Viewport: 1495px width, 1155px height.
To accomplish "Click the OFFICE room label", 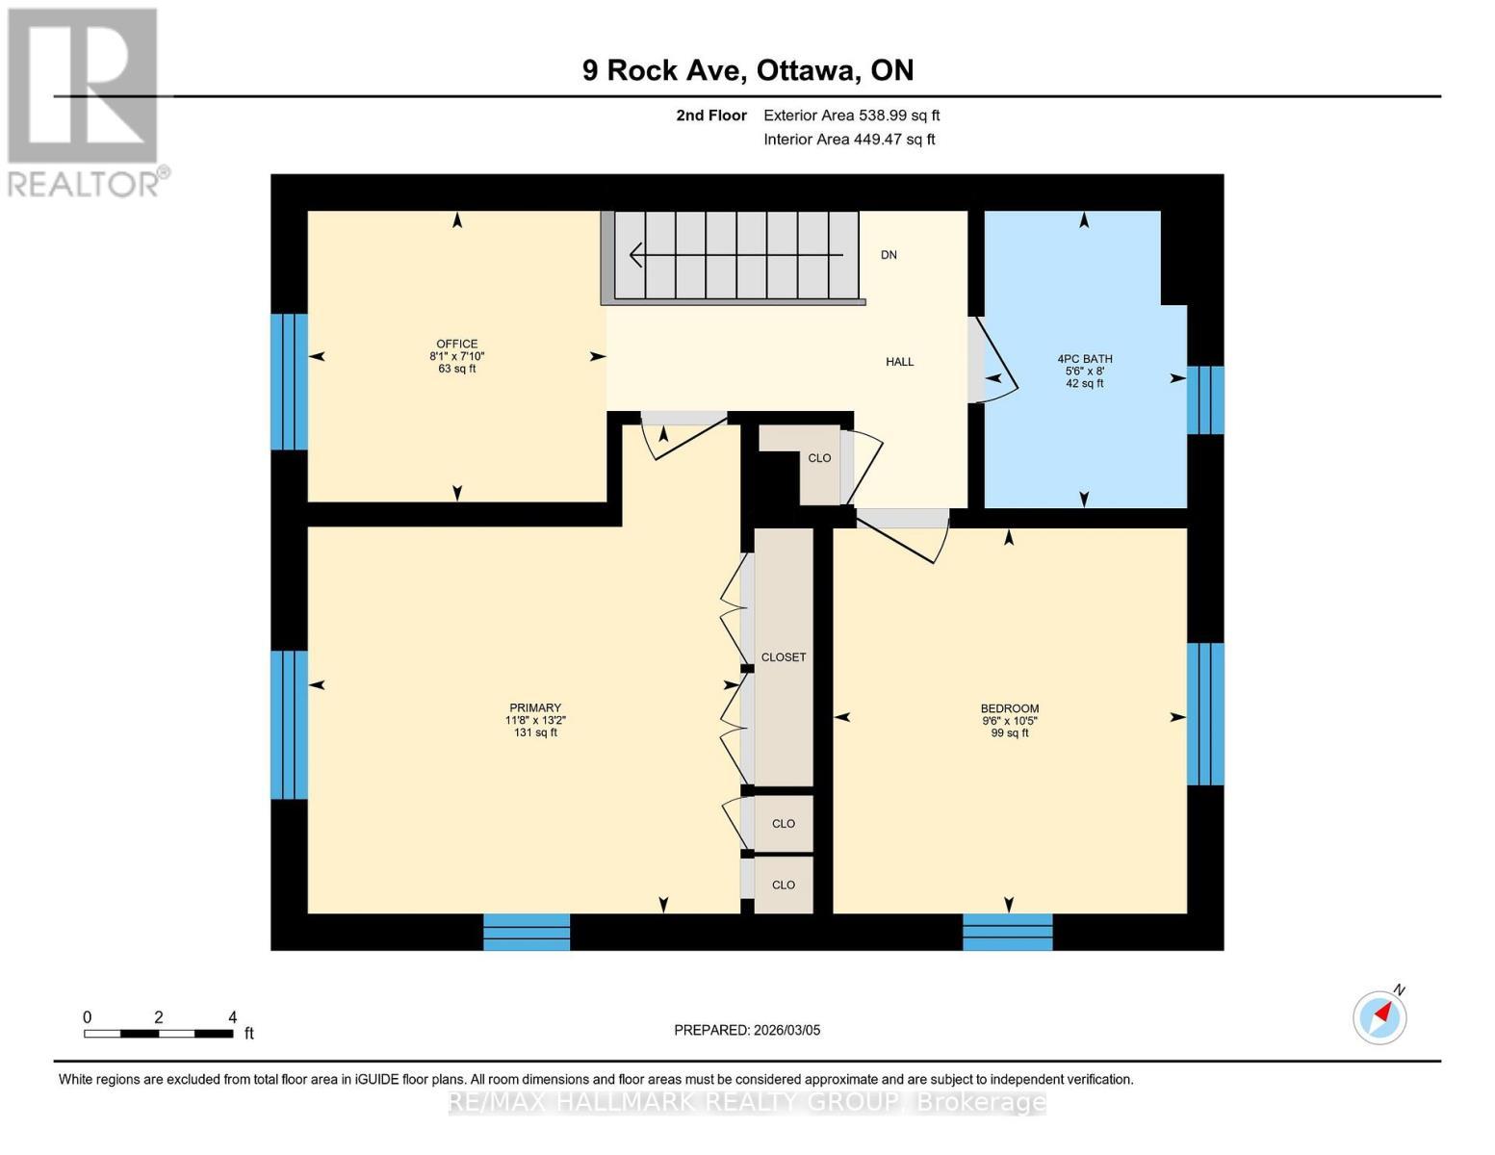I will coord(456,344).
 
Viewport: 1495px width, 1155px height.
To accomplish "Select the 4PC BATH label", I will coord(1084,359).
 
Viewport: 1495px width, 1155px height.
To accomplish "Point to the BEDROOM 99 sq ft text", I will coord(1009,733).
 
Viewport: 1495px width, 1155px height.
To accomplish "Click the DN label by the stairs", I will coord(889,255).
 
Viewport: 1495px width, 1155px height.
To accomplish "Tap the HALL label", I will coord(899,362).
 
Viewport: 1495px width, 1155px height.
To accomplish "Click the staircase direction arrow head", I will coord(636,255).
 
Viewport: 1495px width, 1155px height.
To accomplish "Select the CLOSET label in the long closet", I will coord(783,657).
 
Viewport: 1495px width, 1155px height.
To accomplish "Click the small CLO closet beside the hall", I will coord(819,458).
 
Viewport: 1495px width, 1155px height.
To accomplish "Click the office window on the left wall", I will coord(289,382).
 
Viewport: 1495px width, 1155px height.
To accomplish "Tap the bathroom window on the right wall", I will coord(1205,399).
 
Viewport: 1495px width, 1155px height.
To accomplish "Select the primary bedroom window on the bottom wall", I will coord(527,932).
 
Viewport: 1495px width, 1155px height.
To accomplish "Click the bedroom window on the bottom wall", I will coord(1007,932).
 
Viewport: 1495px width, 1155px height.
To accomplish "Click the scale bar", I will coord(158,1034).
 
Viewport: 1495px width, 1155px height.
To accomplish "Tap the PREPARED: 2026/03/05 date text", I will coord(747,1030).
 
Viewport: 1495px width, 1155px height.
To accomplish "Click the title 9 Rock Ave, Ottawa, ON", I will coord(747,70).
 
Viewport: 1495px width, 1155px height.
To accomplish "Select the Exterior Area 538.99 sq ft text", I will coord(851,115).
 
